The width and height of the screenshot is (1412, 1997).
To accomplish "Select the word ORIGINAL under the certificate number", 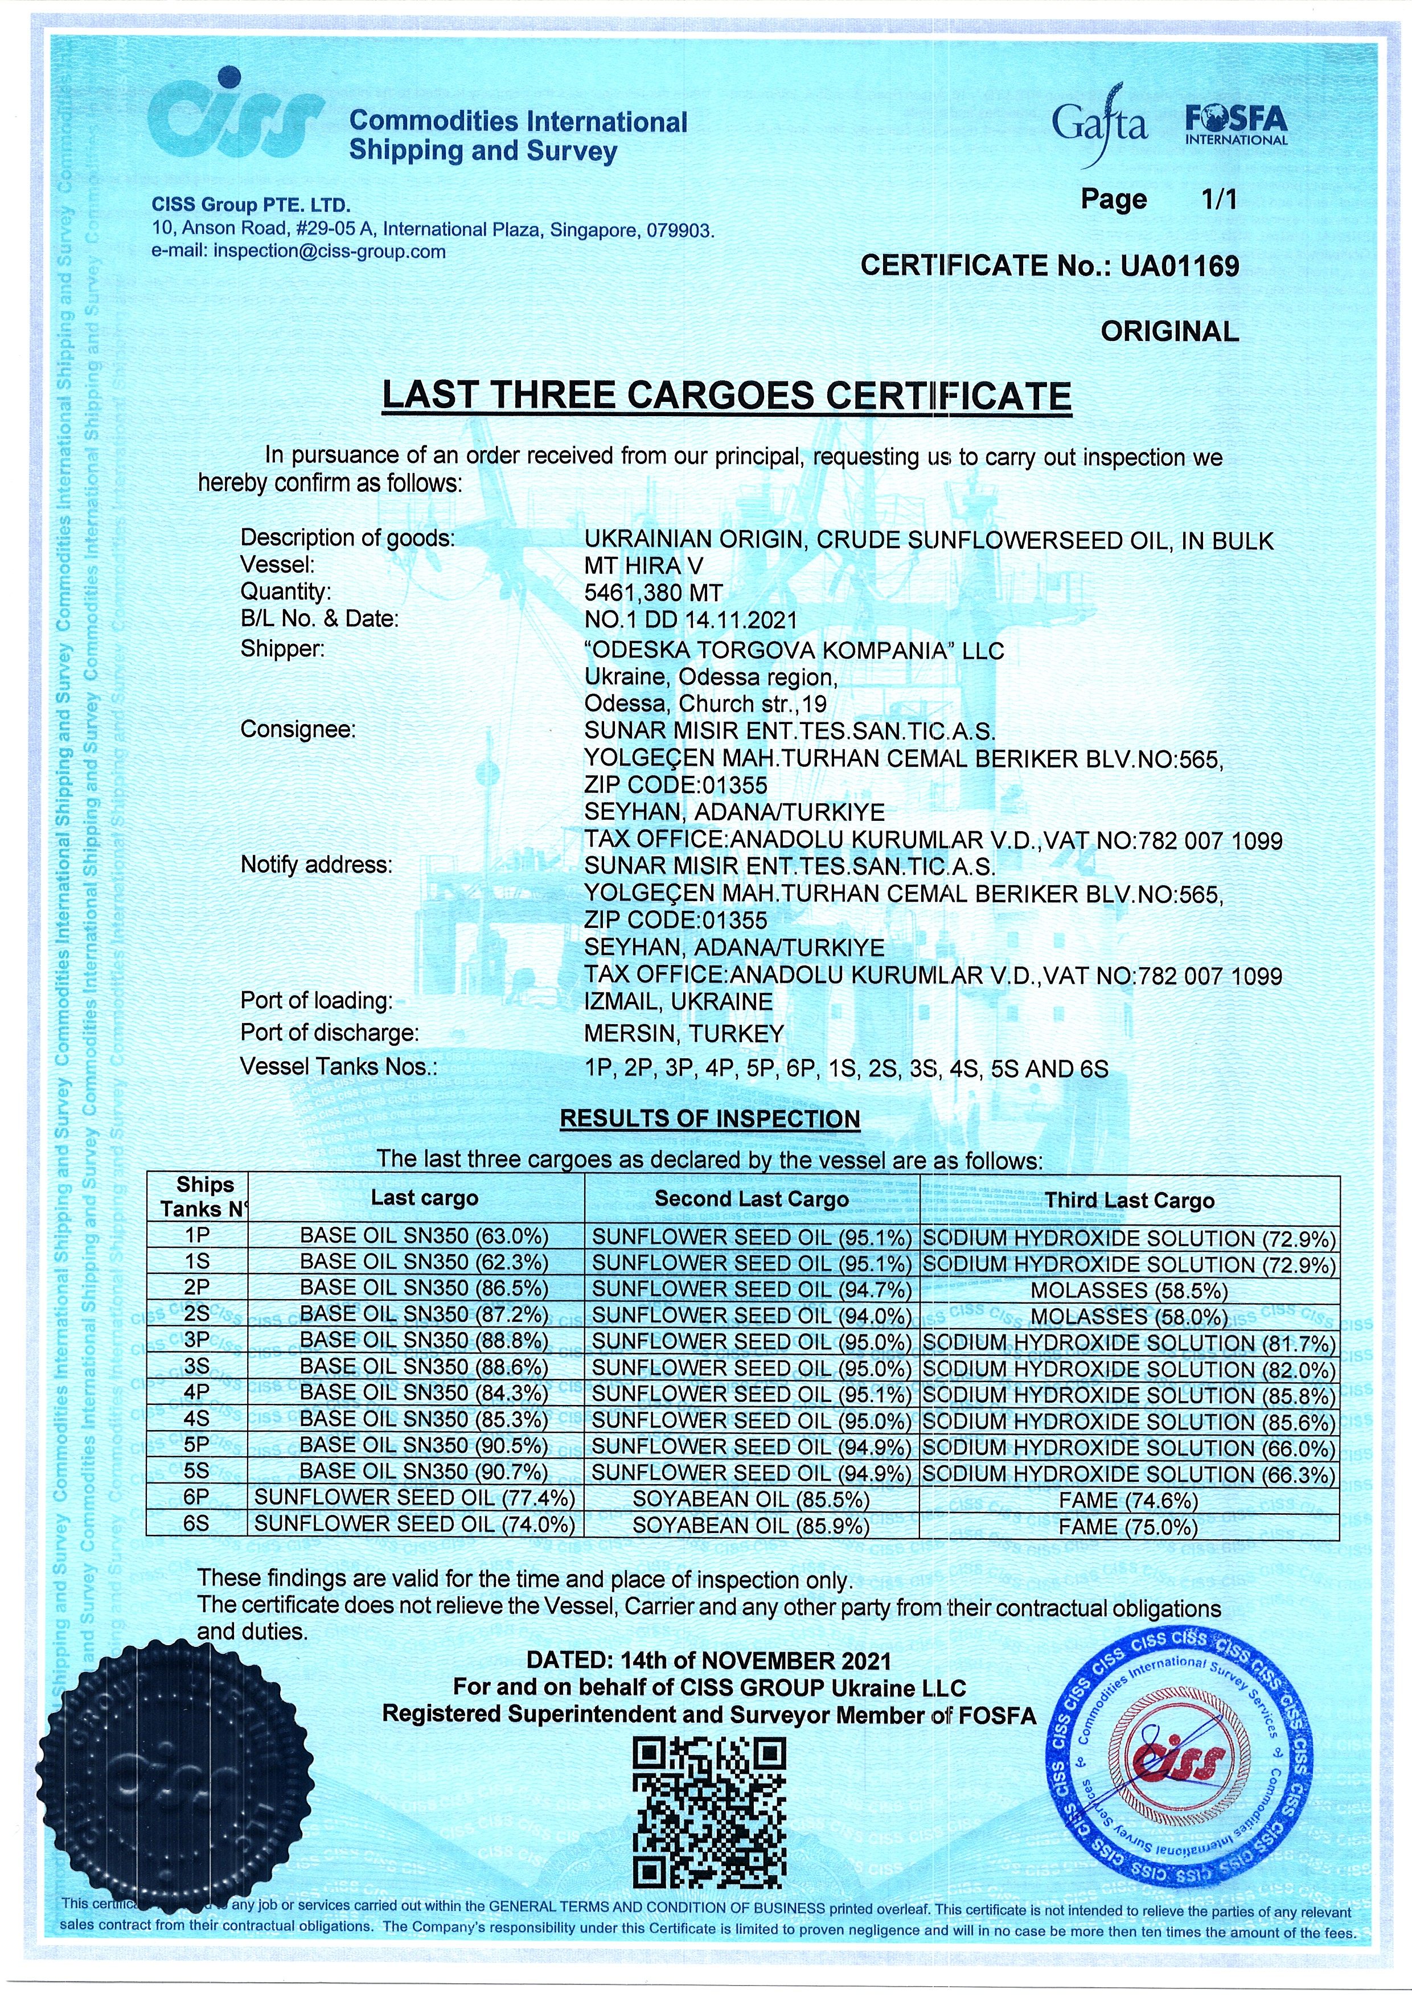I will click(1169, 331).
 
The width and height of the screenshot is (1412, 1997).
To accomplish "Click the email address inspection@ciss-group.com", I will click(329, 252).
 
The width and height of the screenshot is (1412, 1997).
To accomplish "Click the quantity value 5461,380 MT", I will click(654, 593).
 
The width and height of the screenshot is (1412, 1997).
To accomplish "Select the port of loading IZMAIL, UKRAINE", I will click(678, 1002).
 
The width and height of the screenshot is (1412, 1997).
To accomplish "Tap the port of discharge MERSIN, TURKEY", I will click(684, 1034).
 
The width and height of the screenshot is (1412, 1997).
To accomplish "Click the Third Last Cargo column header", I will click(1129, 1201).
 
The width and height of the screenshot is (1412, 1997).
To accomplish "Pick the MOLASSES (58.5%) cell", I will click(1129, 1290).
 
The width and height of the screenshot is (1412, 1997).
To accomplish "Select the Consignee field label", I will click(298, 730).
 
